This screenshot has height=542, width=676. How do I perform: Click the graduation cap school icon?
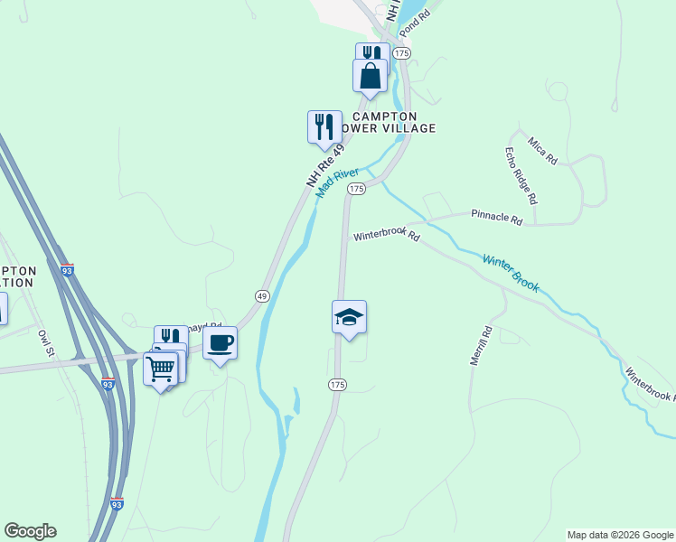click(349, 317)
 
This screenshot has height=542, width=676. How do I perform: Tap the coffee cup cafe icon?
click(220, 343)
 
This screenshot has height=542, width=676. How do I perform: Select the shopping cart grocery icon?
click(161, 369)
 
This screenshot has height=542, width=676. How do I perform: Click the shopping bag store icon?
click(370, 75)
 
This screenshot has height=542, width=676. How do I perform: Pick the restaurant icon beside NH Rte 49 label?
click(324, 127)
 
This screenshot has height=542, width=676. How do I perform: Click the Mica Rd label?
click(543, 150)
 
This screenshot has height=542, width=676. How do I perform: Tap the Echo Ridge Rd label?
click(521, 174)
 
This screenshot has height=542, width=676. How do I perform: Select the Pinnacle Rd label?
click(497, 219)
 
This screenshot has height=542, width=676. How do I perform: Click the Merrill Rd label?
click(479, 345)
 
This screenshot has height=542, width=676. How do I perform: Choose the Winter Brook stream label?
click(511, 273)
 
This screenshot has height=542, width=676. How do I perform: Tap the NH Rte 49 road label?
click(325, 165)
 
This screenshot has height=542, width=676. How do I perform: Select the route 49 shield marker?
click(261, 295)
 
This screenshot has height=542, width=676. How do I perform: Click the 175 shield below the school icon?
click(337, 385)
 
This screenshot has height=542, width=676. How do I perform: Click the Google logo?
click(30, 531)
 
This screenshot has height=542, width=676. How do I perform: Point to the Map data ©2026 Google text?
click(620, 535)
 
